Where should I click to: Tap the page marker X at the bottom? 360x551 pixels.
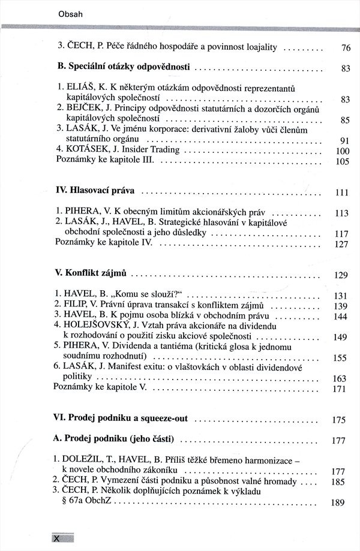click(58, 538)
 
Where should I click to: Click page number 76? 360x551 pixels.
click(345, 48)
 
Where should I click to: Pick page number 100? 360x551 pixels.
click(341, 151)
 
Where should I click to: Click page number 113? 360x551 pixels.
click(341, 213)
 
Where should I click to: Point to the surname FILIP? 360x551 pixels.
click(78, 305)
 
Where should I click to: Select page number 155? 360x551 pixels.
click(340, 359)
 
